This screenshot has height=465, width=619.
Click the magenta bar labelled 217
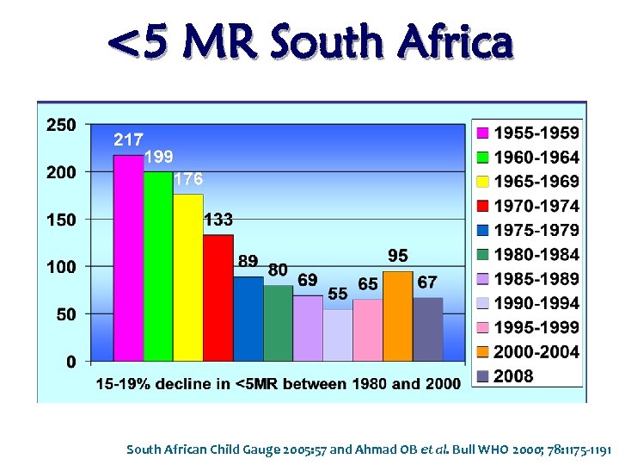(x=128, y=258)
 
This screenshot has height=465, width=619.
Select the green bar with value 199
(x=158, y=266)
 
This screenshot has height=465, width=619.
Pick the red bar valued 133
(x=218, y=297)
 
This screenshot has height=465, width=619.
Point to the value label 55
(x=338, y=294)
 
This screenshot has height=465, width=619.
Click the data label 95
(x=398, y=257)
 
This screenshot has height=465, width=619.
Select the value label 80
(x=278, y=270)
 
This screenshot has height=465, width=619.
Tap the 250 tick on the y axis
(x=61, y=126)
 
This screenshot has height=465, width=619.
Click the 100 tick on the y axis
(x=61, y=267)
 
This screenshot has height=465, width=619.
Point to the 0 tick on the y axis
(x=70, y=362)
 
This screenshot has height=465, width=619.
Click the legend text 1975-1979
(x=536, y=231)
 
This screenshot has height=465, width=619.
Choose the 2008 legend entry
(x=513, y=376)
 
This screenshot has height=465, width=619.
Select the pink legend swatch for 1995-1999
(x=482, y=328)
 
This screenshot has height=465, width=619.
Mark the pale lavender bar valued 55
(x=338, y=335)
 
